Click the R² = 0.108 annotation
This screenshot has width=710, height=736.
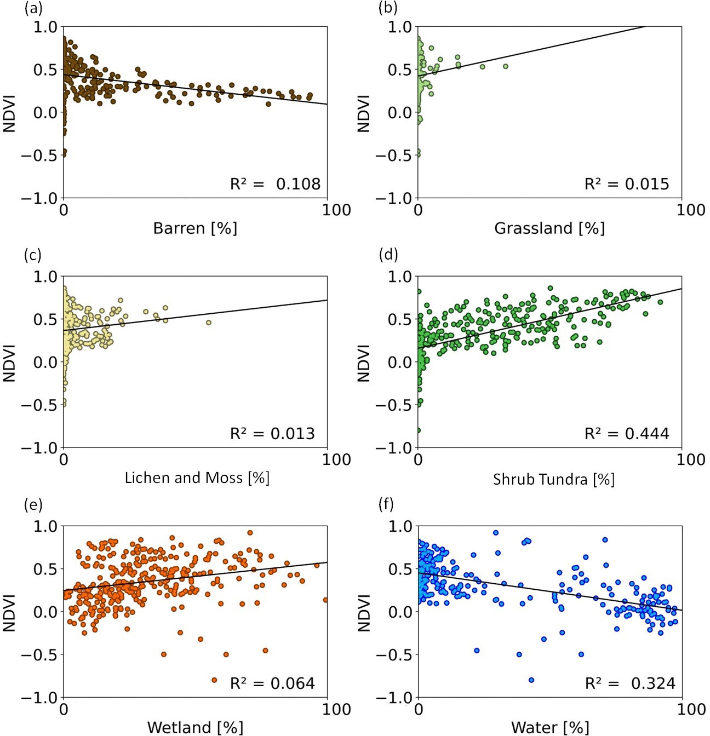(x=275, y=184)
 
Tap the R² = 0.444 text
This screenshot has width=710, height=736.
(x=627, y=434)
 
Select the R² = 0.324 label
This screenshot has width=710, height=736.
(x=629, y=683)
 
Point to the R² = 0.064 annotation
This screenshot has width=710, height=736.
(x=272, y=683)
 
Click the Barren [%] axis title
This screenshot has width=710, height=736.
(x=195, y=228)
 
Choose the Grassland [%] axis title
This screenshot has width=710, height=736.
(x=549, y=228)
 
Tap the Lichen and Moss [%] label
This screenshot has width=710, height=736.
(x=197, y=478)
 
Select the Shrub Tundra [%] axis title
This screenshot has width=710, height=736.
(x=553, y=480)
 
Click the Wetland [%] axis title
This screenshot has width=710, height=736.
(x=195, y=728)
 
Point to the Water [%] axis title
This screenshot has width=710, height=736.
(x=550, y=728)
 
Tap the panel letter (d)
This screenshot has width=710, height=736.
(x=388, y=255)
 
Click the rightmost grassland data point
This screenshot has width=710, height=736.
(x=506, y=66)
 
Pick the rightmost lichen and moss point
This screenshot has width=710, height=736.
(x=209, y=323)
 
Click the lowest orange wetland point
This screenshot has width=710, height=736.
(x=214, y=680)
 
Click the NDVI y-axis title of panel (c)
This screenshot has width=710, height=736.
(x=9, y=363)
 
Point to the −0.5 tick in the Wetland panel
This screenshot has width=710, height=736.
(x=40, y=654)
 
